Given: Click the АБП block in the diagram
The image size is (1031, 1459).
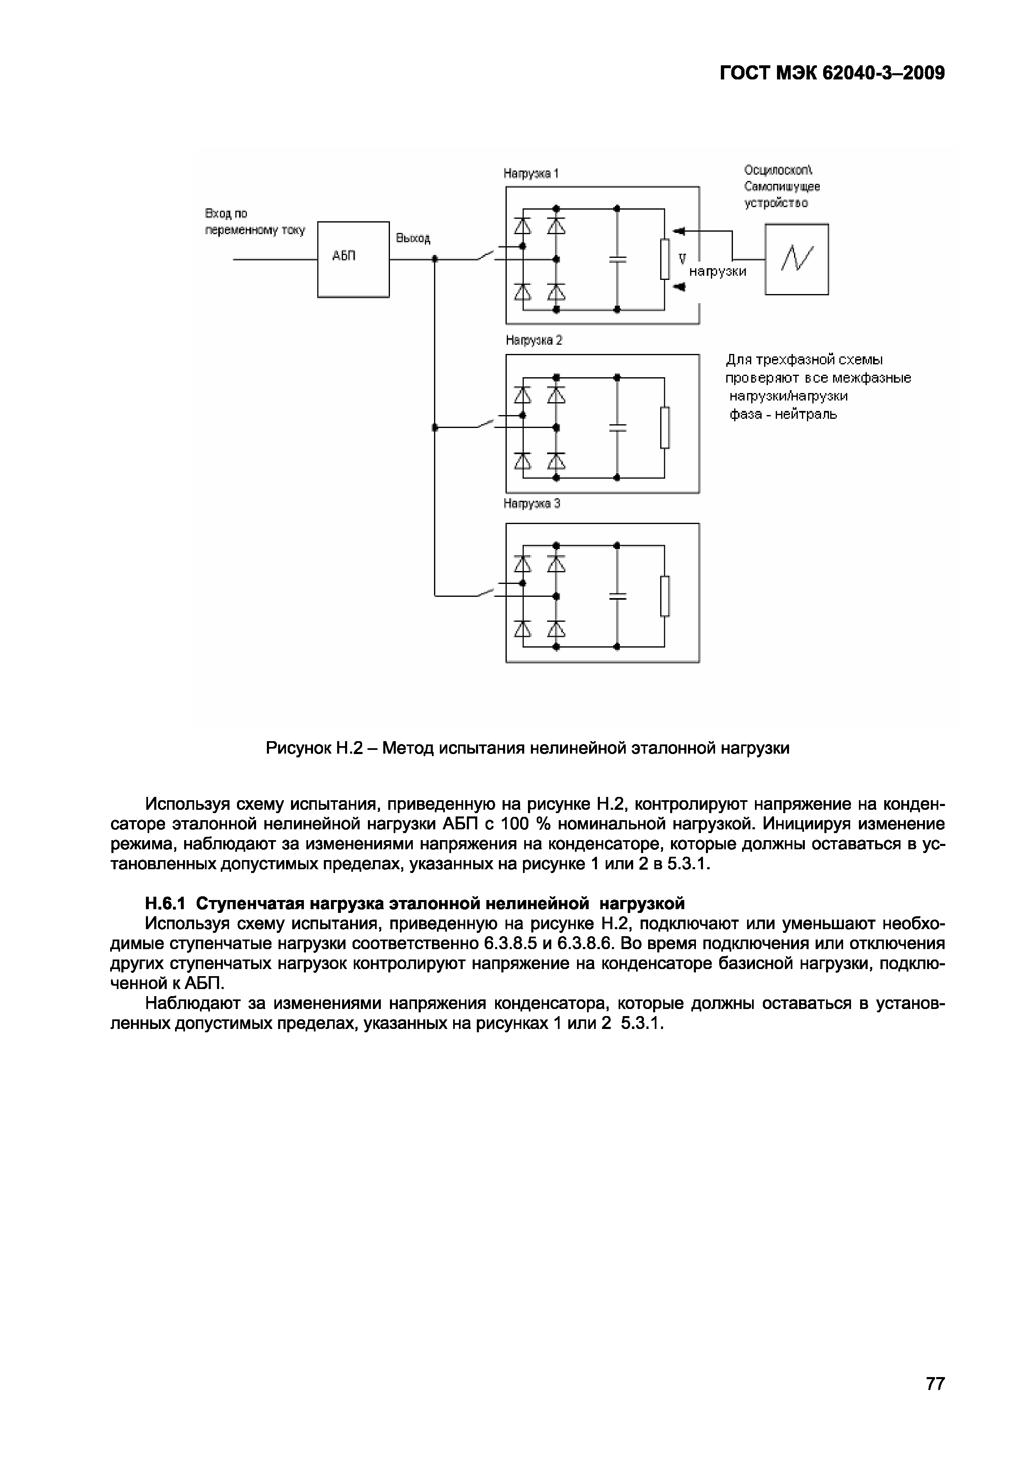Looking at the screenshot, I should pyautogui.click(x=353, y=259).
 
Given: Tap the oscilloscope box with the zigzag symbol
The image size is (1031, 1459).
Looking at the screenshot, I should pyautogui.click(x=796, y=259).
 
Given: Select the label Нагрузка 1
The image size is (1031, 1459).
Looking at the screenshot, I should pyautogui.click(x=531, y=173).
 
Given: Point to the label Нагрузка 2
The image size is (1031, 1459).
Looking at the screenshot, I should pyautogui.click(x=534, y=341).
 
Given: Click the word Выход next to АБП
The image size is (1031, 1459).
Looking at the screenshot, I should pyautogui.click(x=413, y=238).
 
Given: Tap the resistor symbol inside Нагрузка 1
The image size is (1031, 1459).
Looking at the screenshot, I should pyautogui.click(x=664, y=259).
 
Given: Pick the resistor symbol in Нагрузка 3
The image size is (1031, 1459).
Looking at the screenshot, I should pyautogui.click(x=664, y=596).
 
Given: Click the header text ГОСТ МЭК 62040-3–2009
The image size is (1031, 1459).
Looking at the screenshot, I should pyautogui.click(x=832, y=74).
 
